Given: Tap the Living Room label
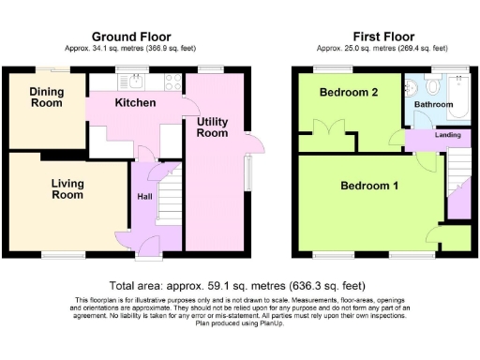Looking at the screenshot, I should point(67,189).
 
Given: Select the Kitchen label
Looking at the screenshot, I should point(135,102).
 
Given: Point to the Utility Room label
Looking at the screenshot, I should point(212,127).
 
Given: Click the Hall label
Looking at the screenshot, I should point(145,197).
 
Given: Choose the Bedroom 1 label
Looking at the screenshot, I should point(369,186).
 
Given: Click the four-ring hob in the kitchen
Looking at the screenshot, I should point(172,82).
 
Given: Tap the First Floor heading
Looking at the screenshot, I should point(384,34).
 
